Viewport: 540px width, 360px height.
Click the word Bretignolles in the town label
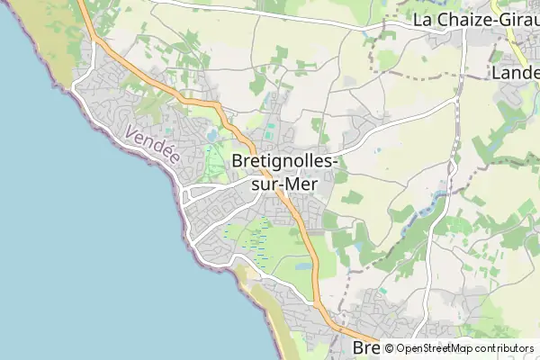(284, 160)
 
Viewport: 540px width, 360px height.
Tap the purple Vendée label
(153, 146)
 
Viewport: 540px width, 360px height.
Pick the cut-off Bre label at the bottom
(364, 348)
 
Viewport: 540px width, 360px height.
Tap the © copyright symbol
(389, 348)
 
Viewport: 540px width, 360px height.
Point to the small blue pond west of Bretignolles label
(211, 136)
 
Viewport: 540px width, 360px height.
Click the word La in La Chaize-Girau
(423, 19)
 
